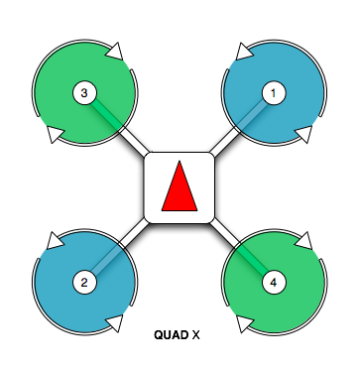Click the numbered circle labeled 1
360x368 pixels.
[275, 93]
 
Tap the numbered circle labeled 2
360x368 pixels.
[84, 283]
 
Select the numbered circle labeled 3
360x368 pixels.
[84, 93]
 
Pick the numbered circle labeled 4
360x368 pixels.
[275, 283]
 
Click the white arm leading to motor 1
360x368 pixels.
[228, 140]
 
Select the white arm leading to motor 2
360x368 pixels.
[132, 236]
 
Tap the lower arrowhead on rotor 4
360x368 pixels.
[243, 324]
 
